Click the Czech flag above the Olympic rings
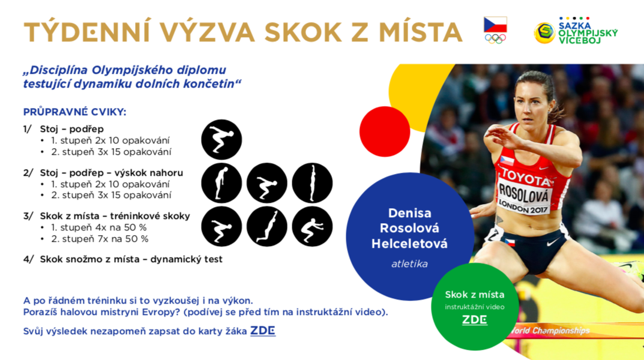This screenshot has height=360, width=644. [x=495, y=25]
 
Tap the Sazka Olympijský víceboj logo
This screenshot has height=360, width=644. [x=576, y=31]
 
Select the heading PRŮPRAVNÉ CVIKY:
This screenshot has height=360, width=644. [x=75, y=112]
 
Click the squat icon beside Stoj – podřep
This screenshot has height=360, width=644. [x=221, y=140]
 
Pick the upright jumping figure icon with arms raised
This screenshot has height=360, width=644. [x=312, y=183]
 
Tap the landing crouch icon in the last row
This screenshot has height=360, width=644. [x=312, y=227]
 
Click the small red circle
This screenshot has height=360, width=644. [x=385, y=131]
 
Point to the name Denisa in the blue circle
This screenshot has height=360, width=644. [x=409, y=213]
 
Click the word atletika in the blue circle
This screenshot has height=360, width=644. [x=409, y=263]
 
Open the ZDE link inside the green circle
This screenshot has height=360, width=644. [x=474, y=319]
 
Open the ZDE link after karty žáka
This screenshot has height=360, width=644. [x=263, y=331]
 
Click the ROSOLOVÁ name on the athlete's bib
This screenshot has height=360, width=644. [x=523, y=193]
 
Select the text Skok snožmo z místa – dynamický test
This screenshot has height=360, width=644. [x=131, y=259]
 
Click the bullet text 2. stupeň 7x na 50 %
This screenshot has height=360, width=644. [x=100, y=239]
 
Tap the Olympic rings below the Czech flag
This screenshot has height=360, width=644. [x=495, y=38]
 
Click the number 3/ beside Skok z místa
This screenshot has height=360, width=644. [x=28, y=216]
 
